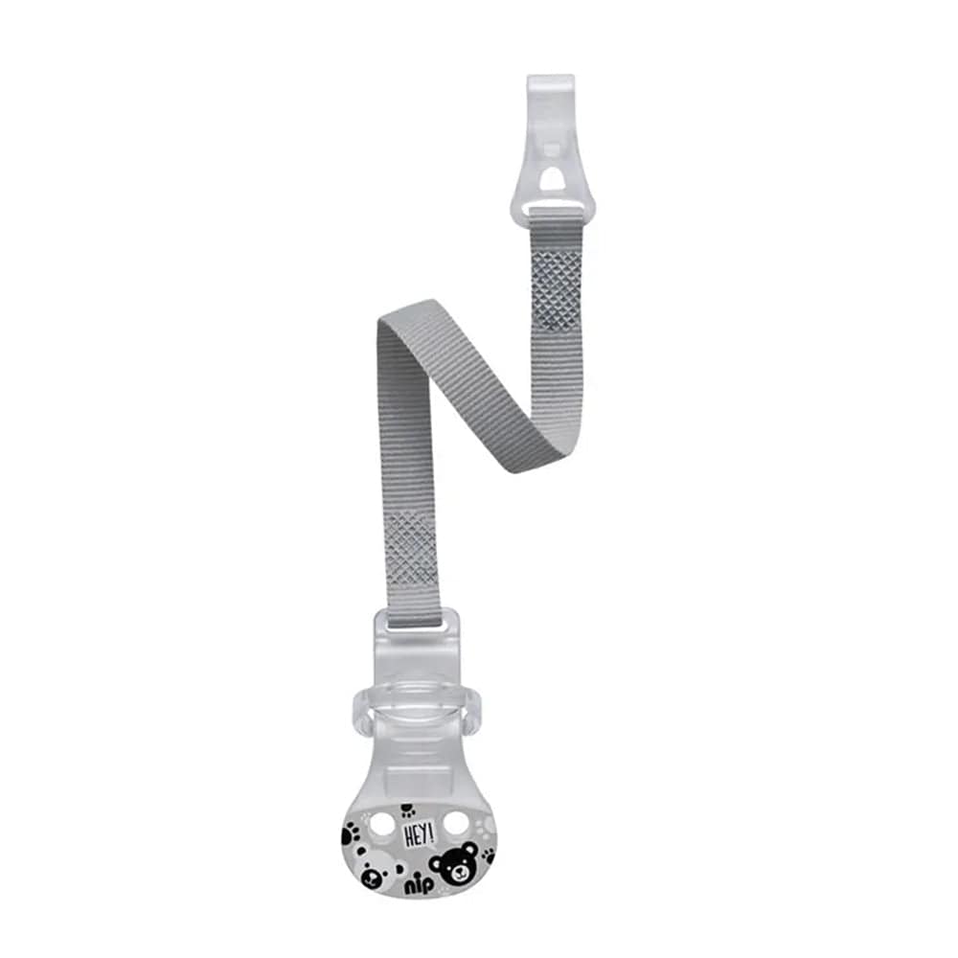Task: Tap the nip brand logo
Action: click(418, 883)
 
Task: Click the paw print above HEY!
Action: click(408, 811)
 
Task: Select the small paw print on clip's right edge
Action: click(487, 855)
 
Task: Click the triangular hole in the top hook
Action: click(552, 180)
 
